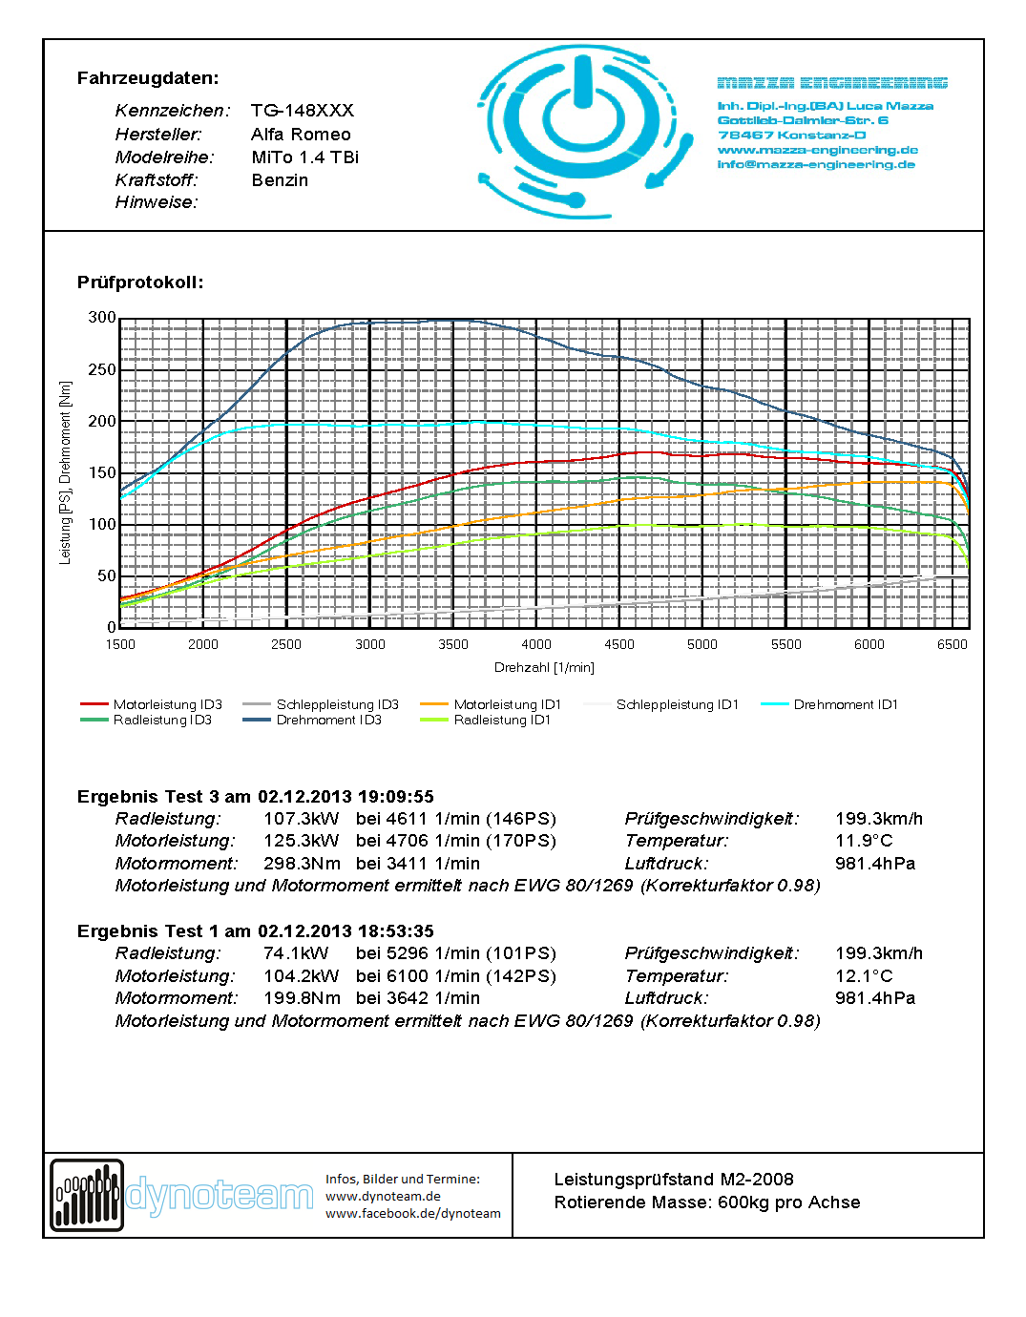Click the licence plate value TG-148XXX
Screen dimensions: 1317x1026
pyautogui.click(x=302, y=111)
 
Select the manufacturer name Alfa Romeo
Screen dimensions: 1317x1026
pyautogui.click(x=301, y=135)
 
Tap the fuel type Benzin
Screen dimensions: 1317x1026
pyautogui.click(x=280, y=180)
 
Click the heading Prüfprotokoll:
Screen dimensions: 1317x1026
pyautogui.click(x=140, y=282)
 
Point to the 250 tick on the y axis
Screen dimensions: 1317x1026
pyautogui.click(x=102, y=369)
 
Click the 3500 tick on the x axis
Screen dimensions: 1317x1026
pyautogui.click(x=453, y=644)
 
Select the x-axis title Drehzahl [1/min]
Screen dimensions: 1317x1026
pyautogui.click(x=544, y=667)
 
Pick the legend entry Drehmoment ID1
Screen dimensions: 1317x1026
pyautogui.click(x=846, y=704)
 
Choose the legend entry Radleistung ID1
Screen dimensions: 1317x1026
pyautogui.click(x=502, y=720)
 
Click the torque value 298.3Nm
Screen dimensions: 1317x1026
pyautogui.click(x=302, y=864)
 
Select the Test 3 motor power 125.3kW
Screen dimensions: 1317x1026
pyautogui.click(x=301, y=841)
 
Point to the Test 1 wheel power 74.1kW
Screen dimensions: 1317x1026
pyautogui.click(x=296, y=953)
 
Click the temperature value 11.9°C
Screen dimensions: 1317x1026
pyautogui.click(x=864, y=841)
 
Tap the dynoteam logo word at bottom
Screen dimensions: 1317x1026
pyautogui.click(x=220, y=1196)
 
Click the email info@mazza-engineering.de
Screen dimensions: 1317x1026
pyautogui.click(x=816, y=164)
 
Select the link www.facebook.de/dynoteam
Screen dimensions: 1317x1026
pyautogui.click(x=412, y=1214)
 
